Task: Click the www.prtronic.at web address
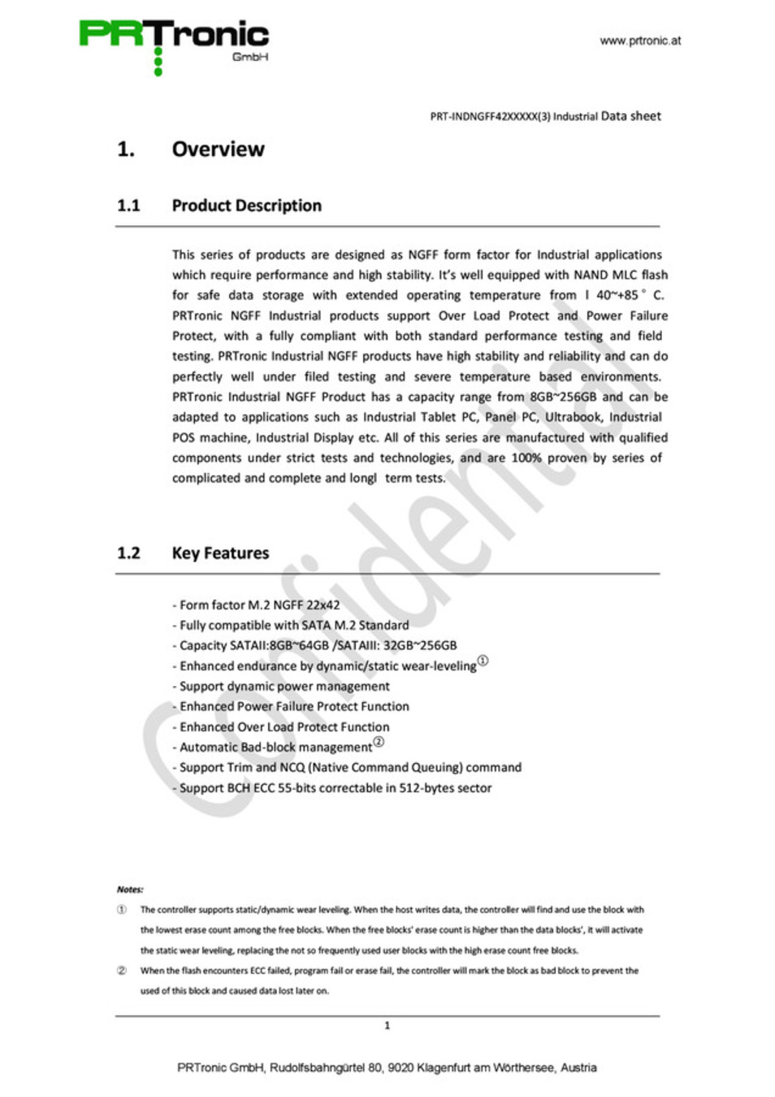click(640, 41)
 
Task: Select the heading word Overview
click(218, 150)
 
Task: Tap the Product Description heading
click(246, 206)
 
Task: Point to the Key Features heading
click(220, 553)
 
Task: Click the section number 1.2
click(128, 553)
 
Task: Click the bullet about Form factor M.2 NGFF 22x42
click(259, 605)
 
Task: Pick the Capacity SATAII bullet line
click(318, 646)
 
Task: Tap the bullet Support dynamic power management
click(284, 687)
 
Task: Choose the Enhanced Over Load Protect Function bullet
click(284, 727)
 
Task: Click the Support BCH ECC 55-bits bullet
click(336, 788)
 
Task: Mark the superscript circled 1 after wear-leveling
click(483, 661)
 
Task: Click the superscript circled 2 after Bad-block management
click(379, 743)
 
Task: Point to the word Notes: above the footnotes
click(130, 890)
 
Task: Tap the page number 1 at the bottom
click(387, 1026)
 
